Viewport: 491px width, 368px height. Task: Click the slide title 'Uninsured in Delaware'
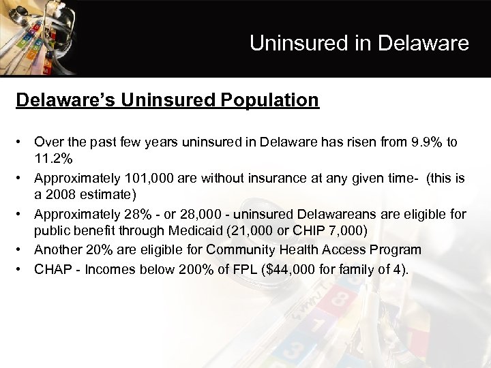(359, 44)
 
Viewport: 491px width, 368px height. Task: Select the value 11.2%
(53, 159)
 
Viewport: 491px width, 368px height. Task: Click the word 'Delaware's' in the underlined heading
(66, 100)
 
